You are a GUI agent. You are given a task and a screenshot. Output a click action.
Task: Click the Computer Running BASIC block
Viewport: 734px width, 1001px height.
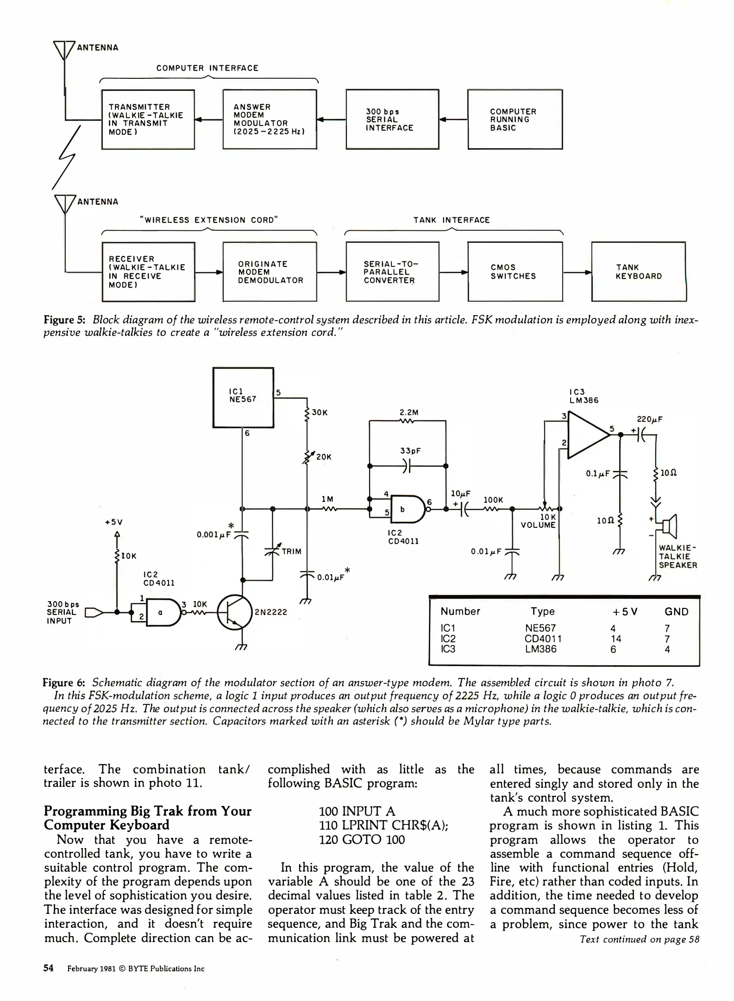[515, 120]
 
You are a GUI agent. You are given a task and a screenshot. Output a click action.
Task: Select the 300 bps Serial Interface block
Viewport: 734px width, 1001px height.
[392, 120]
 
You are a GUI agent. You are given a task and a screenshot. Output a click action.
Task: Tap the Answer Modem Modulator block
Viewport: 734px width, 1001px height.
[270, 120]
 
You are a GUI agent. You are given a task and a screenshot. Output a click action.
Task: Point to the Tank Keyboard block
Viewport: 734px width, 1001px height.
[639, 272]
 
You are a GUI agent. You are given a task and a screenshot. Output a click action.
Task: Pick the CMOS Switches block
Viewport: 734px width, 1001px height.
[515, 272]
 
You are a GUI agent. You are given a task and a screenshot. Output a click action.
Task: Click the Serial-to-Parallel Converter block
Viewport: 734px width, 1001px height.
[392, 272]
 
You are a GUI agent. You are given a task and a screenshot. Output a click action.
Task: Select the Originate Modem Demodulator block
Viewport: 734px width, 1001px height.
[270, 272]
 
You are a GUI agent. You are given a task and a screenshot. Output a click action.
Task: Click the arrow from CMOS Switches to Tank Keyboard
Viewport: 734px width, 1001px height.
[577, 272]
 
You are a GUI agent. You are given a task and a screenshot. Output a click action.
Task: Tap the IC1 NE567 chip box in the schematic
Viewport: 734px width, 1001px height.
[243, 397]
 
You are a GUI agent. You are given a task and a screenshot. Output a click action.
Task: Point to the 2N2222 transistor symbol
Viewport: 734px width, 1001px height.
[235, 612]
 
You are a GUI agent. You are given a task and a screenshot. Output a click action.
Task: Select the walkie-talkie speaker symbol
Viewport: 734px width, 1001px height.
[670, 526]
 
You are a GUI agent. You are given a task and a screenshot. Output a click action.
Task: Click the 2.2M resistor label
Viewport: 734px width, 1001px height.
[409, 412]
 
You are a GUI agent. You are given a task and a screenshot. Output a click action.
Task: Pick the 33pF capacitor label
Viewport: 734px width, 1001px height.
[410, 451]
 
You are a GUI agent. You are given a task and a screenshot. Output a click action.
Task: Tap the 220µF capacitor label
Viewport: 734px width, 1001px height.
[650, 419]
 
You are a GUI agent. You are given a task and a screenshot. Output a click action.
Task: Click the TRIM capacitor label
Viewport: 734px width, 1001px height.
[291, 551]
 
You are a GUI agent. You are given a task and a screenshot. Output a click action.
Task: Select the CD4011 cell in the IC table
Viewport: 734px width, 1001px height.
[543, 639]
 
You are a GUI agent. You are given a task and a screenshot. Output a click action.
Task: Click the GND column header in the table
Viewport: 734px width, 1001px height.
[676, 612]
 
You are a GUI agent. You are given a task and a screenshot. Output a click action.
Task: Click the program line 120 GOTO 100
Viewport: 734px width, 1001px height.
[362, 840]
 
